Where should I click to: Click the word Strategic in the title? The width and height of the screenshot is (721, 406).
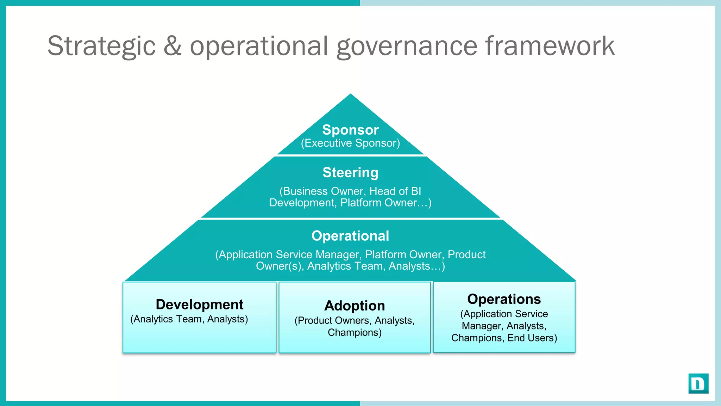(101, 46)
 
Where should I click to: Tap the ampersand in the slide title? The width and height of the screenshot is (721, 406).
(173, 46)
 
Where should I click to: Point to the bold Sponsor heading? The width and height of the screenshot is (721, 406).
(350, 130)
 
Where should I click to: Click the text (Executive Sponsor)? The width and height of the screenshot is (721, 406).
(350, 143)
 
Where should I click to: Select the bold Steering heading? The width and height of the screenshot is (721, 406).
(350, 173)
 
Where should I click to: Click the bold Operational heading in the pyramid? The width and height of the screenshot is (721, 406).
(350, 236)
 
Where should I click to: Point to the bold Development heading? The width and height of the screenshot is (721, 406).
(199, 304)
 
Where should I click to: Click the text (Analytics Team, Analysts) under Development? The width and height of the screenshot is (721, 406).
(189, 319)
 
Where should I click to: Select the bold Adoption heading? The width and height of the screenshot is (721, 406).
(355, 306)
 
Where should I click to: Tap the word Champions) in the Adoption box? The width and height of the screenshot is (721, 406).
(355, 332)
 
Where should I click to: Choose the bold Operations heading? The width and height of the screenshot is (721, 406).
(504, 299)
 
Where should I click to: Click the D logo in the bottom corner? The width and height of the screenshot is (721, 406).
(698, 383)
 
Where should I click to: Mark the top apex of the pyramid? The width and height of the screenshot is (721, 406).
(350, 94)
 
